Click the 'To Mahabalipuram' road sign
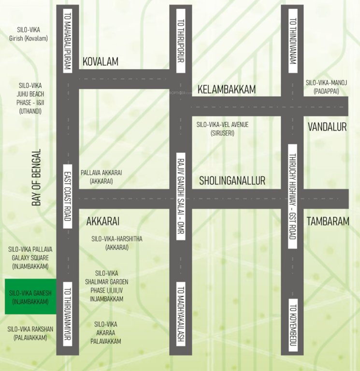click(67, 41)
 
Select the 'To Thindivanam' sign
click(292, 41)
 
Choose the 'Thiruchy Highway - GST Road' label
click(292, 197)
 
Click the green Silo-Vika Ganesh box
click(30, 297)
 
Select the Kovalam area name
click(101, 62)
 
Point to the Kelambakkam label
click(226, 89)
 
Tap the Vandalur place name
click(328, 127)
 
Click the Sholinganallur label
click(232, 181)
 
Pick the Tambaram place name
click(328, 221)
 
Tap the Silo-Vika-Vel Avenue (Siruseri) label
click(222, 128)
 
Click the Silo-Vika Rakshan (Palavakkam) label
click(30, 333)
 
